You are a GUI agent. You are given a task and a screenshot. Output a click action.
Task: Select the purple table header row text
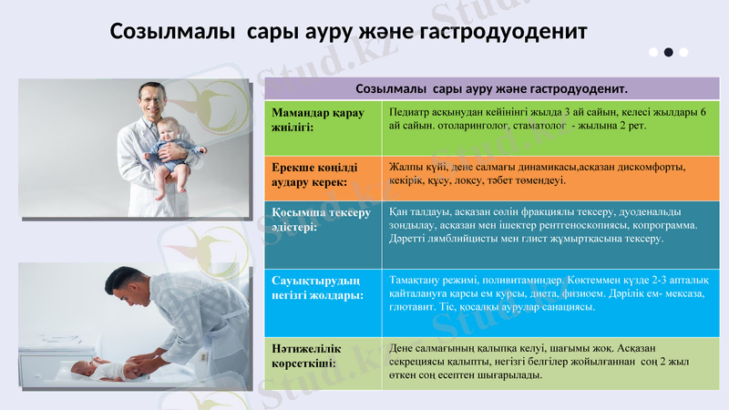pos(491,89)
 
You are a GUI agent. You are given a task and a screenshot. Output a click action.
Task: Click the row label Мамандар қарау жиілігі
pos(318,119)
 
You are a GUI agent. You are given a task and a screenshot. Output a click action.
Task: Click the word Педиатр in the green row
pos(409,112)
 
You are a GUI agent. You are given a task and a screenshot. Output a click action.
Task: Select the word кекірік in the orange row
pos(406,180)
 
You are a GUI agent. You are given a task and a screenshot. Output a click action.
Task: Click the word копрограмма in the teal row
pos(664,224)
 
